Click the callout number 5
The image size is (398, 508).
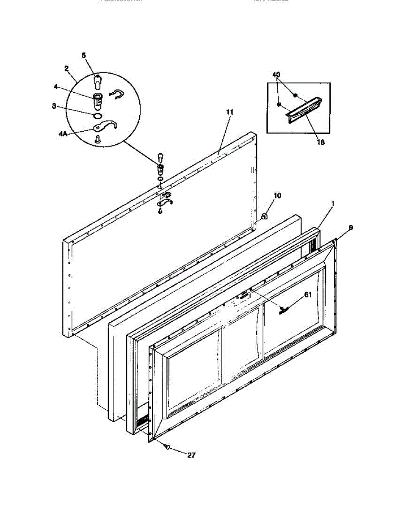click(x=84, y=55)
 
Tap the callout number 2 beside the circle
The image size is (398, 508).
click(x=66, y=68)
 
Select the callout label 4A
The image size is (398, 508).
click(x=63, y=134)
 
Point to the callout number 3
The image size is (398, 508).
click(x=54, y=106)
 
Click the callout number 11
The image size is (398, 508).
click(x=230, y=112)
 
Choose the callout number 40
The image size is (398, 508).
click(x=276, y=75)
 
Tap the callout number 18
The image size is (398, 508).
click(x=321, y=143)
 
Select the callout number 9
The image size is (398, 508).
click(x=351, y=228)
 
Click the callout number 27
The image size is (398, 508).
click(x=192, y=456)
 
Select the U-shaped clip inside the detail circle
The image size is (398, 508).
click(x=117, y=94)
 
